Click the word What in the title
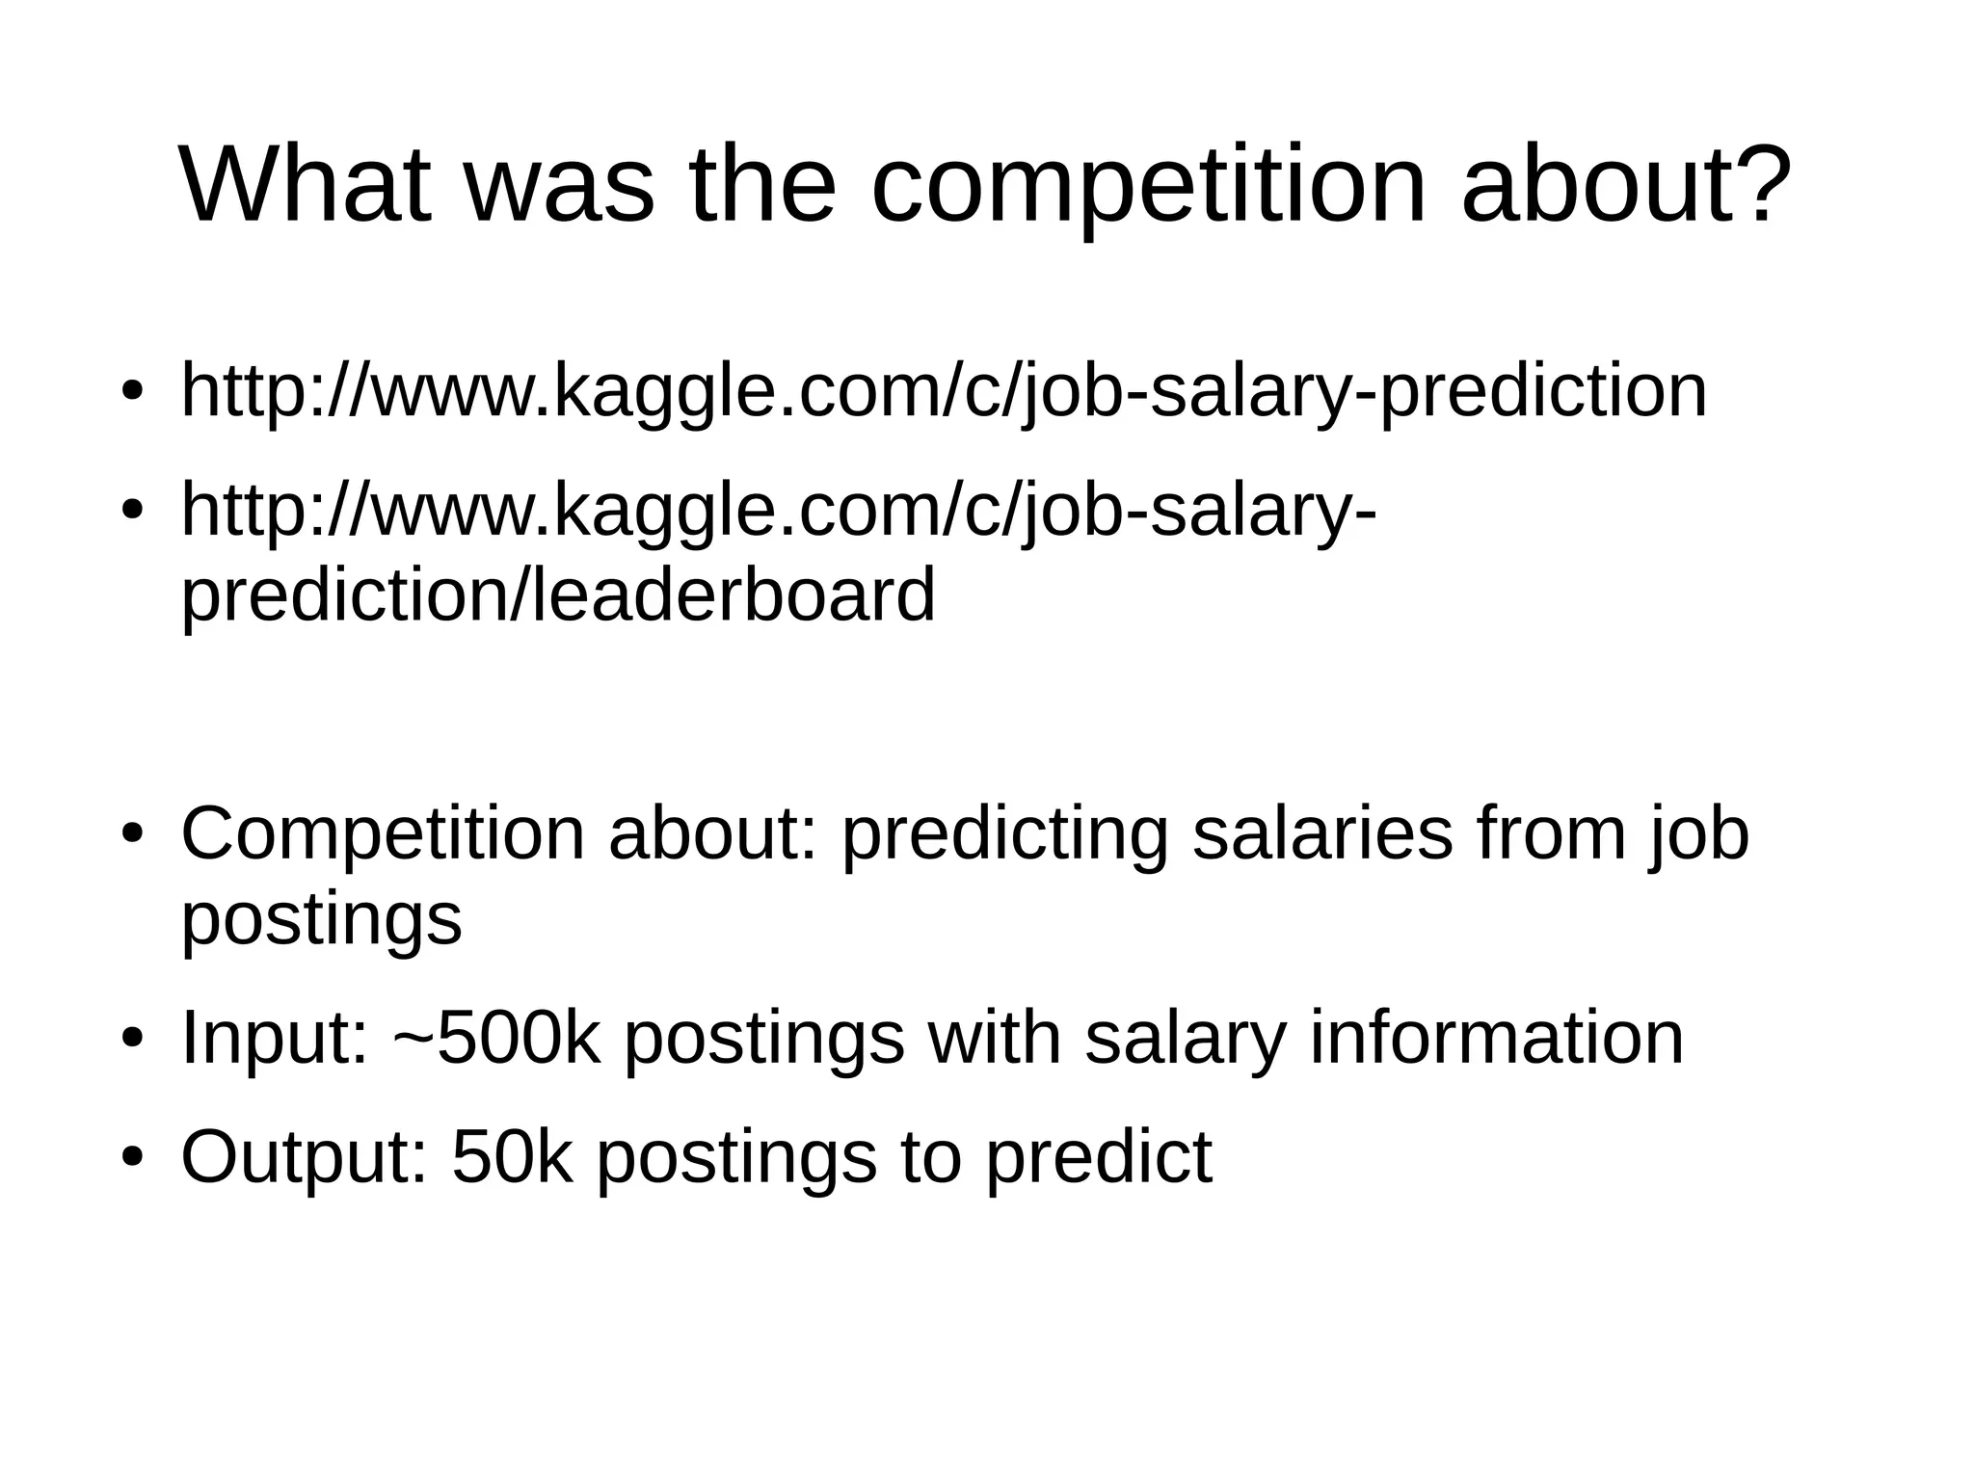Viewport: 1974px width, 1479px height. click(x=306, y=185)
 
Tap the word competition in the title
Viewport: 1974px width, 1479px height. click(x=1147, y=185)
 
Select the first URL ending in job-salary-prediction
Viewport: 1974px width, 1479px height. click(x=944, y=391)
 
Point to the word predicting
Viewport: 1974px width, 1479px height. click(x=1003, y=833)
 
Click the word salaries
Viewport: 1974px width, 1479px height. click(x=1321, y=833)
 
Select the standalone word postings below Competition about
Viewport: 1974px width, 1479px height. click(x=321, y=920)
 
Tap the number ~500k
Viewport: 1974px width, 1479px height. click(x=497, y=1038)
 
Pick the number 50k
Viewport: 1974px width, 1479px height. click(x=512, y=1156)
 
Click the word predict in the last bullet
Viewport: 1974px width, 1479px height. click(x=1098, y=1156)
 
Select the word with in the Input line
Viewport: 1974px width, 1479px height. click(x=994, y=1038)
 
